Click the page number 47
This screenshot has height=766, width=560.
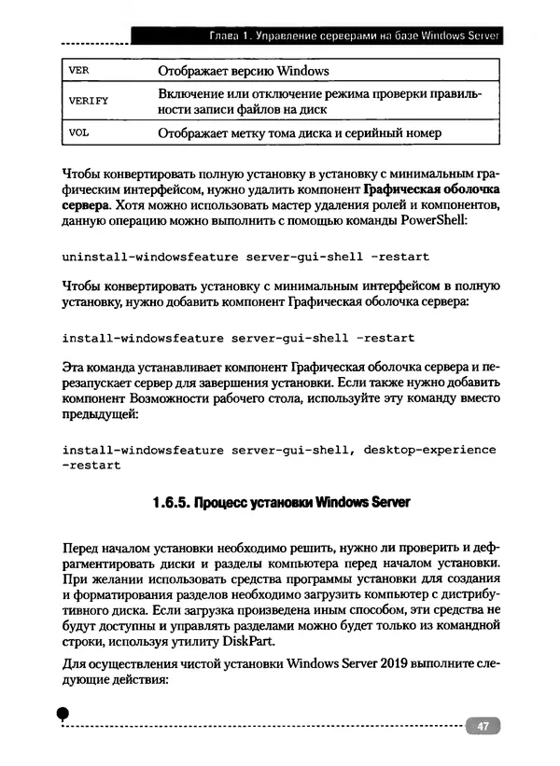(483, 727)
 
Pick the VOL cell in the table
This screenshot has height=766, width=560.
(79, 132)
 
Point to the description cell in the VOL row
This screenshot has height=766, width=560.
(299, 133)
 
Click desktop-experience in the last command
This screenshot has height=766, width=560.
(429, 450)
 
